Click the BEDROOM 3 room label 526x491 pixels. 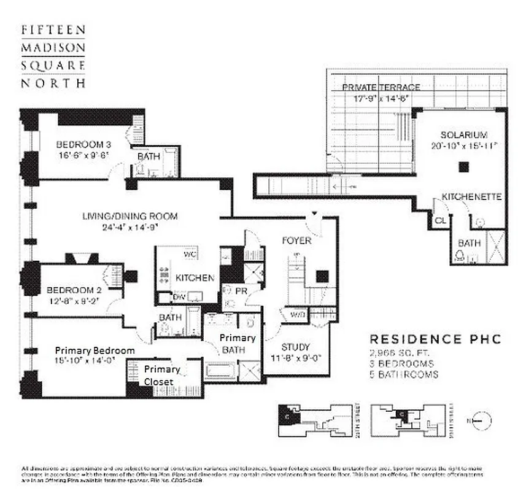pyautogui.click(x=83, y=144)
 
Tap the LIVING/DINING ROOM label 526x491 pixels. pyautogui.click(x=130, y=216)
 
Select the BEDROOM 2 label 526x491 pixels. pyautogui.click(x=69, y=290)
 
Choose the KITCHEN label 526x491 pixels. pyautogui.click(x=195, y=278)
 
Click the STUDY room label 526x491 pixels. pyautogui.click(x=295, y=347)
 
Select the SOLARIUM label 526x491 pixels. pyautogui.click(x=463, y=134)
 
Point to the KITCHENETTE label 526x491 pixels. pyautogui.click(x=472, y=197)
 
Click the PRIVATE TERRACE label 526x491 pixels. pyautogui.click(x=381, y=87)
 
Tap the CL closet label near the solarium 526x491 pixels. pyautogui.click(x=440, y=220)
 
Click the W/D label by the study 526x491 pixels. pyautogui.click(x=298, y=315)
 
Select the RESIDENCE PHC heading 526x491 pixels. pyautogui.click(x=435, y=339)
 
